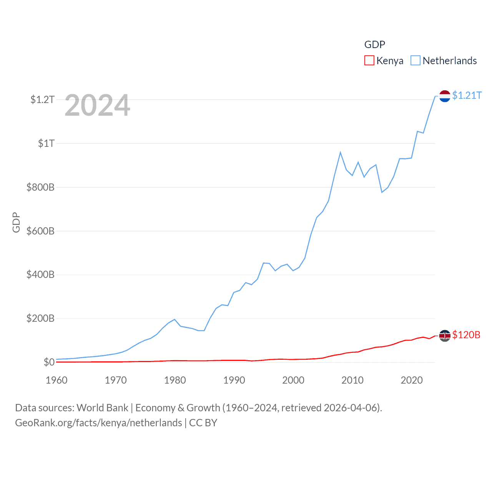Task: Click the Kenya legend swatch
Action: click(369, 61)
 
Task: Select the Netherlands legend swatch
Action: click(416, 61)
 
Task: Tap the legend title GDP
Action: click(374, 45)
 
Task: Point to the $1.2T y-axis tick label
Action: click(42, 100)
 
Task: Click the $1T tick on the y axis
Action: click(46, 143)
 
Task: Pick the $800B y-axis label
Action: click(40, 187)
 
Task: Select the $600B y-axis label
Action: click(40, 231)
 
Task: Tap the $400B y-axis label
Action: click(40, 274)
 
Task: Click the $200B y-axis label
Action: click(40, 318)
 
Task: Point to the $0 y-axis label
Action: click(49, 362)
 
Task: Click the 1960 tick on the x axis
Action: click(57, 380)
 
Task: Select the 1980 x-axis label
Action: click(175, 380)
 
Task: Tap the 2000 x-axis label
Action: click(293, 380)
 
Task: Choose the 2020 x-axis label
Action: click(412, 380)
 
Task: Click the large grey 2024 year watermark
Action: click(97, 105)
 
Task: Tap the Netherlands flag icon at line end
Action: click(445, 96)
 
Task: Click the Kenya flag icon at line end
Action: click(445, 336)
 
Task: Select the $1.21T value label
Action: click(467, 95)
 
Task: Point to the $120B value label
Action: click(466, 335)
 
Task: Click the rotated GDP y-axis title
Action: click(16, 222)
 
